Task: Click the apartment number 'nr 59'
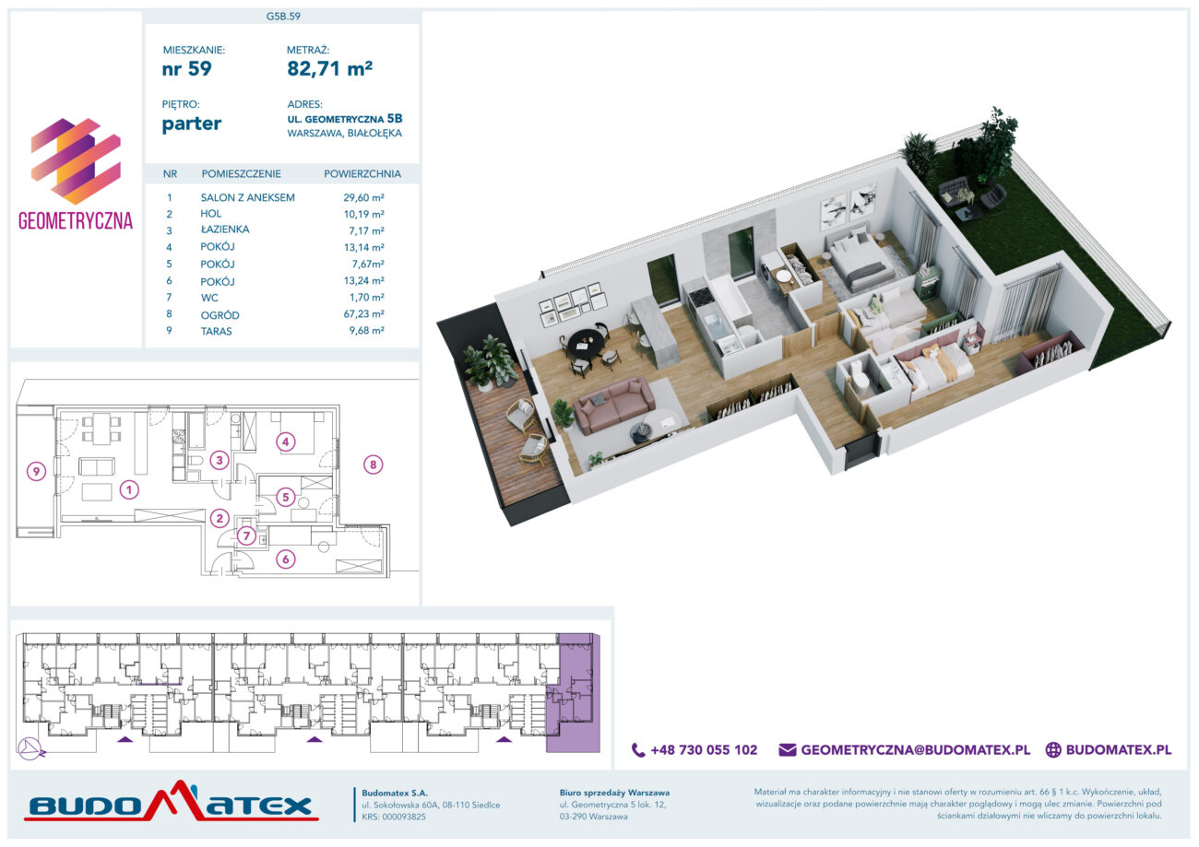click(187, 69)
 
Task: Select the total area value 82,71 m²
click(330, 68)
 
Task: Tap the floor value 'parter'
click(192, 124)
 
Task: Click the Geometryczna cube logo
click(76, 161)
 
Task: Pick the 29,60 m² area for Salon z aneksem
click(364, 197)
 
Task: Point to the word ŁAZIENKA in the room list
click(225, 229)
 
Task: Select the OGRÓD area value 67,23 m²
click(364, 314)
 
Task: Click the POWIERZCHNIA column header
click(362, 174)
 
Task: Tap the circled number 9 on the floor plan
click(36, 471)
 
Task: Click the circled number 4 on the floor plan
click(286, 441)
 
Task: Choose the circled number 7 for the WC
click(247, 535)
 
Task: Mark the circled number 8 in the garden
click(374, 465)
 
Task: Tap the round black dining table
click(587, 342)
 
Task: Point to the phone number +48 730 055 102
click(704, 749)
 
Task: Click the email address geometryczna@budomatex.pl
click(915, 749)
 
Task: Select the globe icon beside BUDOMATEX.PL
click(1053, 749)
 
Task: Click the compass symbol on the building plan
click(30, 748)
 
